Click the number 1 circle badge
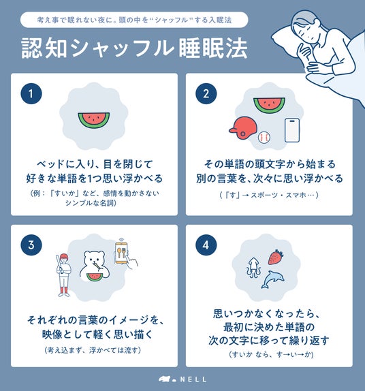click(31, 93)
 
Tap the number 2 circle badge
click(206, 93)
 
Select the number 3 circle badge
click(31, 245)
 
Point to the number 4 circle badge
click(206, 245)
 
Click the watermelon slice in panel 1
click(93, 120)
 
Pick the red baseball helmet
click(243, 127)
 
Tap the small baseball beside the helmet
click(264, 138)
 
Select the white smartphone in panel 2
click(292, 130)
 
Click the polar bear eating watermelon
click(94, 266)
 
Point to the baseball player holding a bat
click(63, 275)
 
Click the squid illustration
click(253, 268)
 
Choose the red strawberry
click(276, 257)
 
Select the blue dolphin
click(272, 279)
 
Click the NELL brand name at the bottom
click(193, 379)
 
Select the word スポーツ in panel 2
click(264, 195)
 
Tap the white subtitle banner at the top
click(134, 20)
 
